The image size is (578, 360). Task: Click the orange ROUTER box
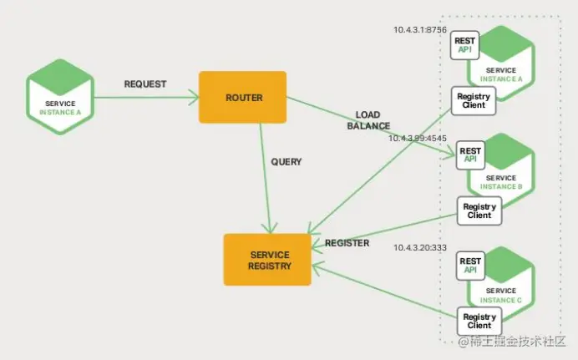[x=242, y=98]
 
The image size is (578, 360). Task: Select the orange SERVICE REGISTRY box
[x=267, y=260]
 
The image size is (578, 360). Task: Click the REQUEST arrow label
[x=145, y=84]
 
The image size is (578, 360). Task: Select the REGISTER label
[x=347, y=243]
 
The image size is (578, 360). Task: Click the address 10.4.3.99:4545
[x=420, y=138]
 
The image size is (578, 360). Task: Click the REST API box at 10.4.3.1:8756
[x=464, y=45]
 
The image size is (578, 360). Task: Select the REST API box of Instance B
[x=470, y=154]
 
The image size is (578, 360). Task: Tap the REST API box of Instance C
[x=469, y=265]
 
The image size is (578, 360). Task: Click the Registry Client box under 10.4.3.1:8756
[x=474, y=101]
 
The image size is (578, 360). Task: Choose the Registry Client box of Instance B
[x=479, y=211]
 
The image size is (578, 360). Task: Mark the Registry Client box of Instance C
[x=479, y=322]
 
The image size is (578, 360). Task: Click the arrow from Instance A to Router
[x=145, y=98]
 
